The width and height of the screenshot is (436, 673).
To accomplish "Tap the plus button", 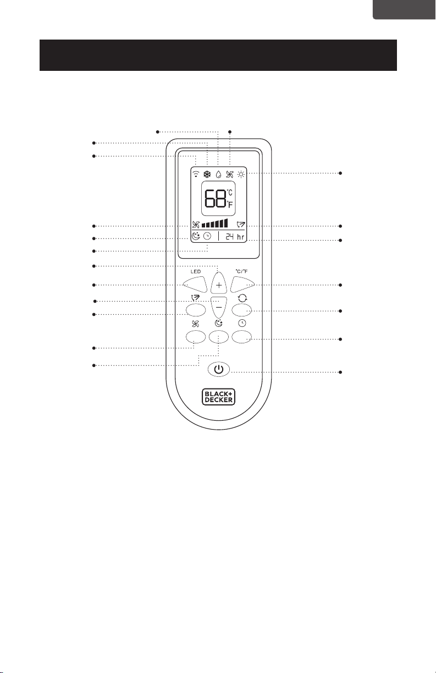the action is (219, 283).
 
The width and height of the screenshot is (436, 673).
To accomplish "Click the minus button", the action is (219, 307).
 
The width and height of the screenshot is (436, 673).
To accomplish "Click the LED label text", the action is (196, 271).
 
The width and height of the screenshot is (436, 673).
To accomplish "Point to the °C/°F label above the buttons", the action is (242, 271).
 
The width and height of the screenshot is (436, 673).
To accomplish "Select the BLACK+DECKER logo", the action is (218, 397).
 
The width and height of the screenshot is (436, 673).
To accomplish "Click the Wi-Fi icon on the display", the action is (196, 174).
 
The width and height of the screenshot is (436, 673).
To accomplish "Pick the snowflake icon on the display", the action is (207, 174).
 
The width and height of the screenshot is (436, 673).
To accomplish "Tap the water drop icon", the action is (219, 174).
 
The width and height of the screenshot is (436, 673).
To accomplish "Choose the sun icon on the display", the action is (241, 174).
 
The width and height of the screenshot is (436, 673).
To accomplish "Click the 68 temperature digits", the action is (215, 198).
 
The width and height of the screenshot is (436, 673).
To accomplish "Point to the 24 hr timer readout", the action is (235, 237).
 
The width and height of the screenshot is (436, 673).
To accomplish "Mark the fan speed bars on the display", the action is (214, 223).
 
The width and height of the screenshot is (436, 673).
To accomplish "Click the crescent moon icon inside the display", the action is (196, 236).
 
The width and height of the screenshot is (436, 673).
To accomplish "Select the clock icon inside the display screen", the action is (207, 236).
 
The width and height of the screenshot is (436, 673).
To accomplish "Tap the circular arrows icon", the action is (242, 298).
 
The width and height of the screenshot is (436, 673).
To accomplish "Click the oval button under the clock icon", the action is (242, 336).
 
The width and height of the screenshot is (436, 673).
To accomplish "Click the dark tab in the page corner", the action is (405, 10).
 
